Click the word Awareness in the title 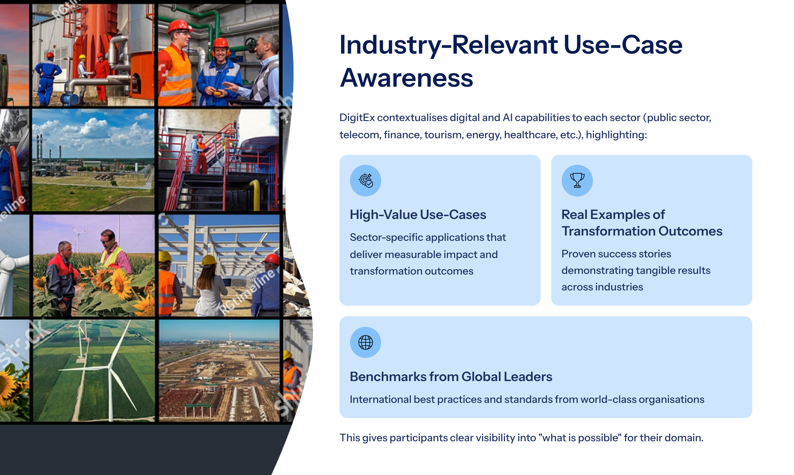[x=407, y=78]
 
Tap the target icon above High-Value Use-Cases [x=366, y=181]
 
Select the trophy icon [x=577, y=181]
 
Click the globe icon [x=366, y=342]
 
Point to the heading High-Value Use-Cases [x=418, y=215]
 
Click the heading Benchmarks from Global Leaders [x=451, y=377]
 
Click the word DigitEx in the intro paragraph [x=357, y=118]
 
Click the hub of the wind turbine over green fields [x=109, y=367]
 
